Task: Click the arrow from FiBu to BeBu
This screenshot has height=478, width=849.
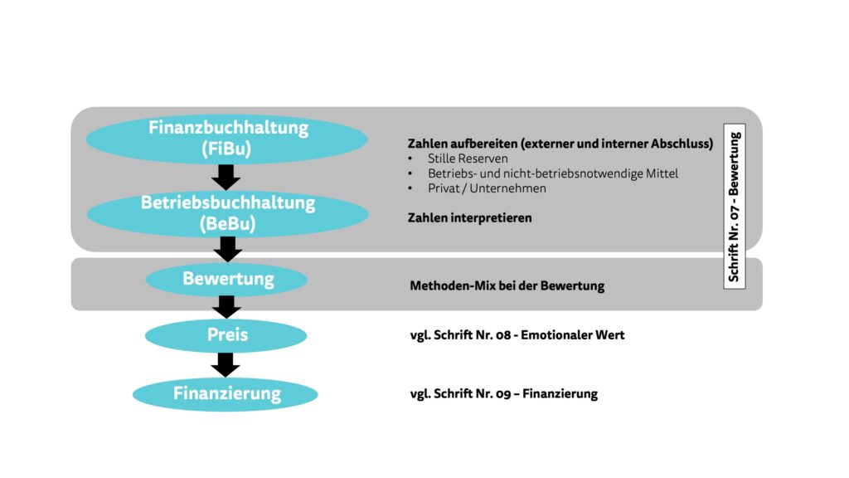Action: pyautogui.click(x=226, y=177)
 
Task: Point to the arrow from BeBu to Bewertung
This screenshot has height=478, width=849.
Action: pyautogui.click(x=226, y=248)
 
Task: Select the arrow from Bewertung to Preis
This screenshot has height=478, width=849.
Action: pyautogui.click(x=226, y=306)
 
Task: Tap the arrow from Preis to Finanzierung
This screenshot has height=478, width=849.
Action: pyautogui.click(x=226, y=363)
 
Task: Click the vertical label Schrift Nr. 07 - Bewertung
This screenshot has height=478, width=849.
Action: pyautogui.click(x=735, y=205)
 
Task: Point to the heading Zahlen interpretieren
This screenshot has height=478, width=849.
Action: pyautogui.click(x=469, y=218)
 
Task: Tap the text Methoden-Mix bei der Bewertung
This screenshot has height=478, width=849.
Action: pyautogui.click(x=507, y=286)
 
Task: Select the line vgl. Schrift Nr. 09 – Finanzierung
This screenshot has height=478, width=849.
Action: pyautogui.click(x=503, y=394)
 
